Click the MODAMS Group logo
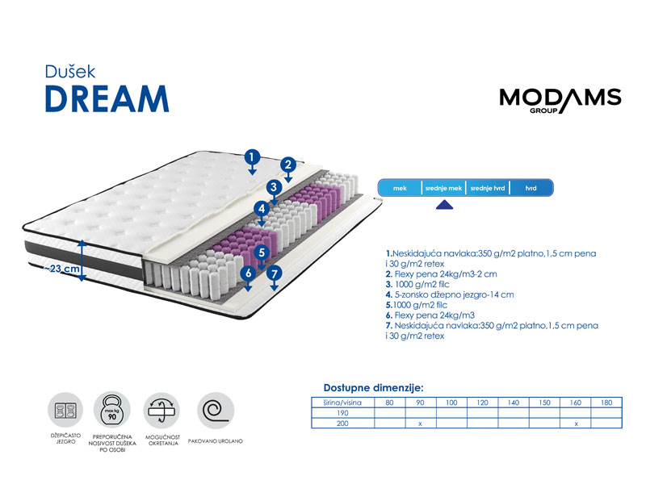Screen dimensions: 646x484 click(x=560, y=100)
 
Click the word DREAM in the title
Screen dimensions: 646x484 click(x=107, y=98)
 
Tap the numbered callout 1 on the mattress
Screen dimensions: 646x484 click(x=252, y=156)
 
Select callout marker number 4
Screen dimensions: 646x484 click(x=262, y=209)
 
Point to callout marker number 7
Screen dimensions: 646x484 click(x=275, y=273)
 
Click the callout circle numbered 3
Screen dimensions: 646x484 click(x=274, y=187)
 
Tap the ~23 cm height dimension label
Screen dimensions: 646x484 click(x=62, y=269)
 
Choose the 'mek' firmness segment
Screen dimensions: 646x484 click(x=400, y=188)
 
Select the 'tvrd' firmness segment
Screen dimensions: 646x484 click(x=531, y=188)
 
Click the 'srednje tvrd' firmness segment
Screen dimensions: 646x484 click(x=488, y=188)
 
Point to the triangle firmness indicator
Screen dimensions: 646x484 click(x=445, y=205)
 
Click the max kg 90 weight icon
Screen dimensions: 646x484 click(x=112, y=410)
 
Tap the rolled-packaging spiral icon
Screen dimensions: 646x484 click(x=216, y=410)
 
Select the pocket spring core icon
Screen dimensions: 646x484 click(x=66, y=410)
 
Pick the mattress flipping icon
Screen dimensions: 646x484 click(x=162, y=410)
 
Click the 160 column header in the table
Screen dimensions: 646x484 click(x=576, y=403)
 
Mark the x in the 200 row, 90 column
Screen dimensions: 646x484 click(x=420, y=424)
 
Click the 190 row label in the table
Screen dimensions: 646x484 click(x=342, y=413)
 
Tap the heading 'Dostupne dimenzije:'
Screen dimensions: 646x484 click(x=373, y=388)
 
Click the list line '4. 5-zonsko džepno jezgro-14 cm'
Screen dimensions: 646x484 click(x=450, y=294)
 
